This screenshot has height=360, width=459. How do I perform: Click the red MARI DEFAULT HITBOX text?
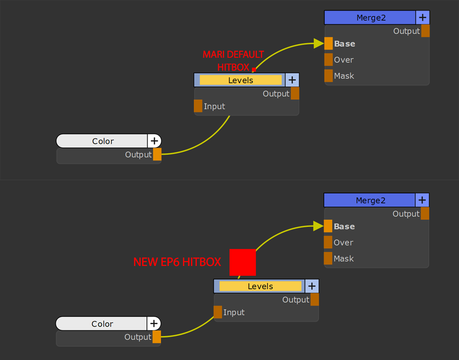click(x=233, y=61)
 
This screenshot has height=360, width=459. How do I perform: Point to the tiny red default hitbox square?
click(x=254, y=69)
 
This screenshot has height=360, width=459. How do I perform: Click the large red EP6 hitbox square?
click(x=242, y=262)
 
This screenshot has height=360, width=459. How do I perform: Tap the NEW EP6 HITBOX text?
click(x=177, y=262)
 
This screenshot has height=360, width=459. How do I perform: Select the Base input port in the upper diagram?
click(x=329, y=43)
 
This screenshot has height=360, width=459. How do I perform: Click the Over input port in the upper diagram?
click(x=329, y=60)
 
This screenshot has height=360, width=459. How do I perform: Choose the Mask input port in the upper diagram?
click(x=329, y=76)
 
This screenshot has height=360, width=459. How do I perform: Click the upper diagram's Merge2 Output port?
click(x=425, y=31)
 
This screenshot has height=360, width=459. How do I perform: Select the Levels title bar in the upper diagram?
click(x=241, y=80)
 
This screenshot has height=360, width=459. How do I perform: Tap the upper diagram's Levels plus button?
click(x=292, y=80)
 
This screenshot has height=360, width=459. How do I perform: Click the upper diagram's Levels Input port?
click(x=198, y=106)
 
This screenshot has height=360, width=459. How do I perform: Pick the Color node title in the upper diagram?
click(x=103, y=141)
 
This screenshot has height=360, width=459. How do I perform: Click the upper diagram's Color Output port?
click(x=157, y=154)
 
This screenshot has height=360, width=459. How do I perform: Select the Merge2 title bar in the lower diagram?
click(x=370, y=200)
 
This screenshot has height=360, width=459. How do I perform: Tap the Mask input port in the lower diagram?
click(x=328, y=258)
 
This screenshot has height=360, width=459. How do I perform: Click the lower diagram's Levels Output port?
click(x=315, y=300)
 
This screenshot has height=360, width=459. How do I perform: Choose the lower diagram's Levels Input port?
click(x=218, y=312)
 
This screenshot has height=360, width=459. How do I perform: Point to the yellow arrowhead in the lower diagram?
click(x=319, y=226)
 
